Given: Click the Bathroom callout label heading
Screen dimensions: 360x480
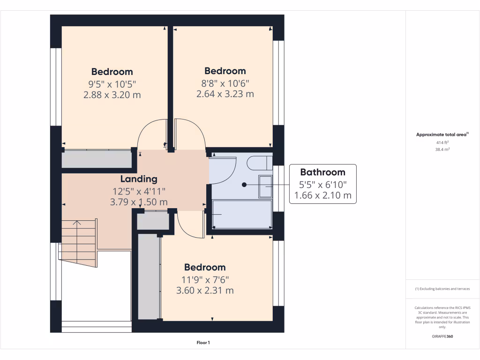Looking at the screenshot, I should click(322, 172).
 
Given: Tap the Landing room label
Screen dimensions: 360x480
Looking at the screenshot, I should click(139, 179).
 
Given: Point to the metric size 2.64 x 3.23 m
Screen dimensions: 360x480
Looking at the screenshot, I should click(225, 94).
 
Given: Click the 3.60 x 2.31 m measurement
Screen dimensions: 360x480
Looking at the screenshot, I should click(205, 290).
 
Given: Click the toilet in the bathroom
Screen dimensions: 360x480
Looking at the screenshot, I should click(259, 163).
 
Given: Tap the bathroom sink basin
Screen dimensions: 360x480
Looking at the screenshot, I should click(265, 187).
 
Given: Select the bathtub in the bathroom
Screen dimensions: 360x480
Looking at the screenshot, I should click(242, 215).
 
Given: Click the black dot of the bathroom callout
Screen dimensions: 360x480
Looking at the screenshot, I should click(244, 185).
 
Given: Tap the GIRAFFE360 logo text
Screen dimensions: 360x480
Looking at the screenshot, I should click(442, 336).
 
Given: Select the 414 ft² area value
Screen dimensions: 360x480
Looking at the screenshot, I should click(442, 142).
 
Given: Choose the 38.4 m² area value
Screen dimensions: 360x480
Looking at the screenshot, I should click(442, 149).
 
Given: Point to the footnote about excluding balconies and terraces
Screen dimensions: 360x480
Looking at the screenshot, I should click(442, 289).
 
